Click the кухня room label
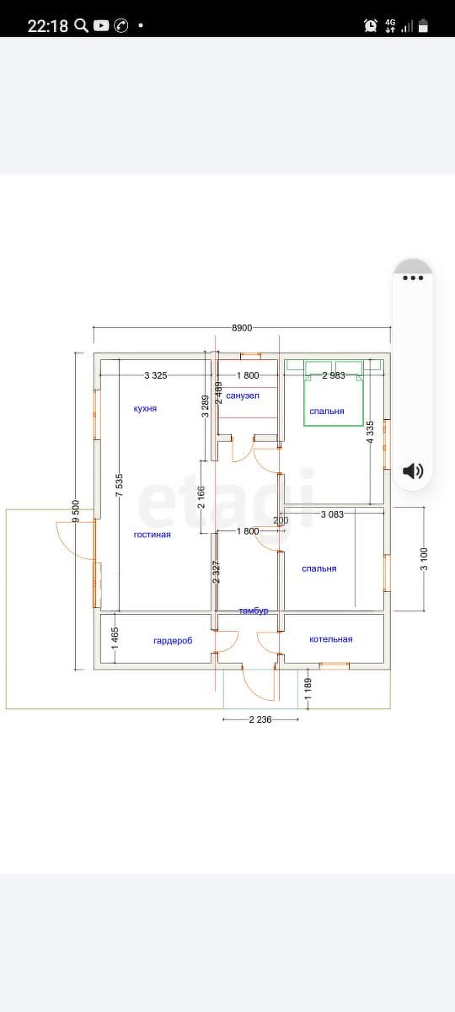[x=145, y=408]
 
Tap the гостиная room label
[x=153, y=535]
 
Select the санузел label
[x=243, y=396]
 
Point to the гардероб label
[x=173, y=641]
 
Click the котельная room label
[x=331, y=639]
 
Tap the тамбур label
[x=254, y=611]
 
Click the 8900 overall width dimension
[x=242, y=328]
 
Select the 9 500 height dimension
[x=76, y=511]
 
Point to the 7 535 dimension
[x=119, y=485]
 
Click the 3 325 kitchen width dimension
[x=156, y=375]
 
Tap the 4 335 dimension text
[x=370, y=432]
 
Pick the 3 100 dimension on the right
[x=424, y=559]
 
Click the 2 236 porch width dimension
[x=260, y=719]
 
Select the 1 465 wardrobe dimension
[x=115, y=638]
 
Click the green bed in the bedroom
[x=334, y=393]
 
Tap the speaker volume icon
[x=413, y=471]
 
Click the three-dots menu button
[x=413, y=277]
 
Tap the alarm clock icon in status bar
[x=371, y=25]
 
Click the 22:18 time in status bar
[x=47, y=26]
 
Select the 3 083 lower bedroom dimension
[x=332, y=514]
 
